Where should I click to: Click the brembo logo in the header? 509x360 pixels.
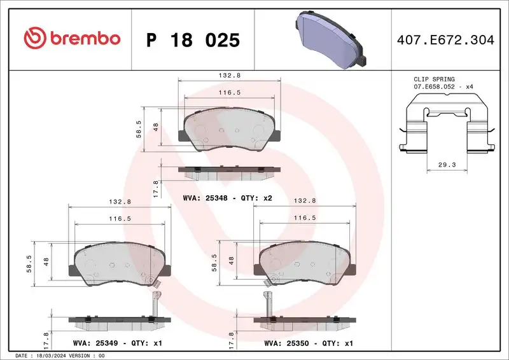[71, 39]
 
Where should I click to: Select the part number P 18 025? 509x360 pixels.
[193, 40]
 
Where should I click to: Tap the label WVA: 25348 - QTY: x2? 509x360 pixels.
[227, 198]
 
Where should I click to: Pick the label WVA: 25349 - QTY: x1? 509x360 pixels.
[118, 343]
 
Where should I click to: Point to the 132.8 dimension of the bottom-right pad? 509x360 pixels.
[305, 200]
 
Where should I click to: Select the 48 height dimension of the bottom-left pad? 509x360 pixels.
[46, 261]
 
